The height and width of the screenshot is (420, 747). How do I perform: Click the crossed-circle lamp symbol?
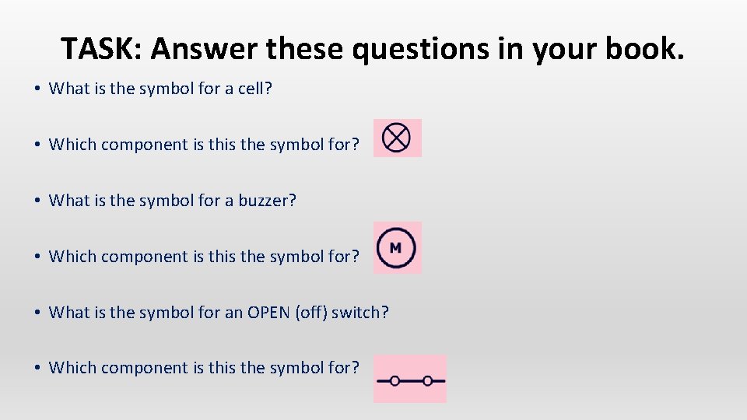pos(397,138)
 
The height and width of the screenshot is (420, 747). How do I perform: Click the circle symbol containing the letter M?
pos(396,248)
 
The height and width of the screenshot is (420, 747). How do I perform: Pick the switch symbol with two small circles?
pos(410,380)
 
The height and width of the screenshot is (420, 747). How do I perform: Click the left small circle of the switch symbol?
pos(395,381)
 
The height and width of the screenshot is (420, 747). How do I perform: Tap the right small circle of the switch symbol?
pos(427,381)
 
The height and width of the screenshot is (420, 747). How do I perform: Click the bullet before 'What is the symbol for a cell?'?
pos(37,89)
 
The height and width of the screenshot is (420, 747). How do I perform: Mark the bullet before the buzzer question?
pos(37,201)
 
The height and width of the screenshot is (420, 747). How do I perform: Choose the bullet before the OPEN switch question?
pos(37,313)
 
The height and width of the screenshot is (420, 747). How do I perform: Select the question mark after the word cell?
pos(268,89)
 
